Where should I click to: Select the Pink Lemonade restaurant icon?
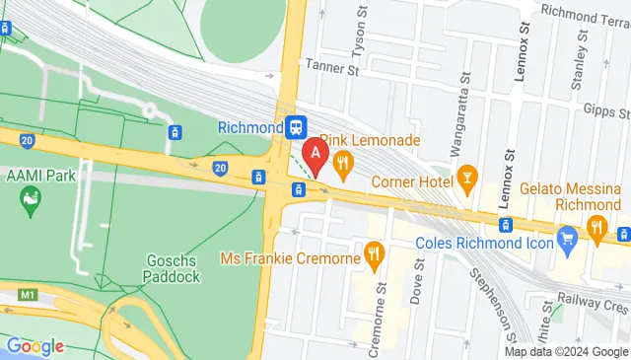coord(343,164)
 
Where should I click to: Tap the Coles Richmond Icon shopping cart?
coord(566,239)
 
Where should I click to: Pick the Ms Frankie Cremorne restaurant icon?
coord(374,256)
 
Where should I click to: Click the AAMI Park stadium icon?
coord(31,201)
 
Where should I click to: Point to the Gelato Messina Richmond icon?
coord(596,229)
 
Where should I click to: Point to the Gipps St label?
coord(599,110)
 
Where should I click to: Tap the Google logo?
coord(35,346)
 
